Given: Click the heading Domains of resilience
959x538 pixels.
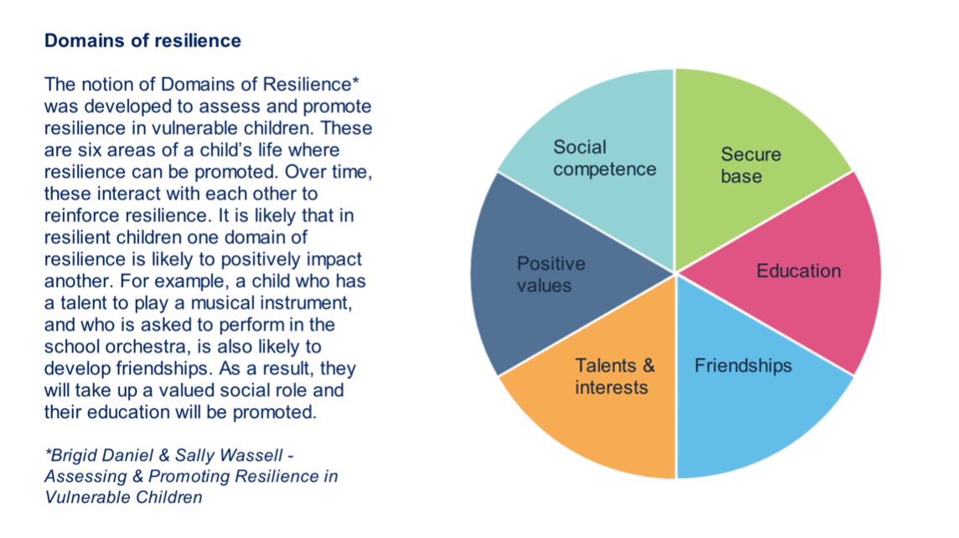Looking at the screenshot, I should click(x=142, y=40).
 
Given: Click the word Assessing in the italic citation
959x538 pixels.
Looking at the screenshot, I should click(x=80, y=478).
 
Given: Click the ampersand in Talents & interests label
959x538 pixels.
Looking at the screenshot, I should click(x=648, y=366).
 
